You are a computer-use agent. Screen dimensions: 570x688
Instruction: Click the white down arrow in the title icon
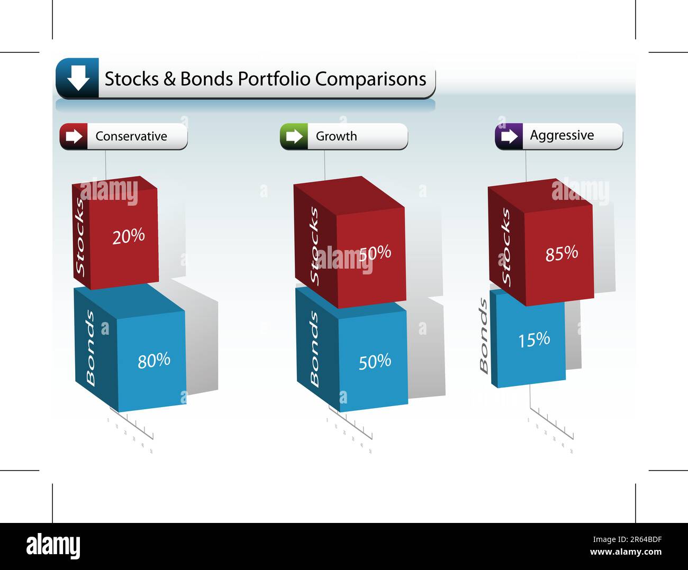[x=78, y=78]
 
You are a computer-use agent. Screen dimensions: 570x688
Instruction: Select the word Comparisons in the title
[x=370, y=79]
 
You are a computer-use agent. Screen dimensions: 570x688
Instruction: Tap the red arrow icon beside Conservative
[x=74, y=136]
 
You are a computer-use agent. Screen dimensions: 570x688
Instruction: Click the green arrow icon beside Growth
[x=294, y=136]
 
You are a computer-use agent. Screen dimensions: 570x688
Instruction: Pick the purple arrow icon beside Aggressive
[x=509, y=136]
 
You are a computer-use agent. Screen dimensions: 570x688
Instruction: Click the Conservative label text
[x=131, y=136]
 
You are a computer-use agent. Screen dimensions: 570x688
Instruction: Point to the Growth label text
[x=336, y=136]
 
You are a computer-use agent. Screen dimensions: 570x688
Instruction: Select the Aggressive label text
[x=562, y=135]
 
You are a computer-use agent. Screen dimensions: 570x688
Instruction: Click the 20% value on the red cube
[x=129, y=236]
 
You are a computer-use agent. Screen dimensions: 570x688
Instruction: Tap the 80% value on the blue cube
[x=154, y=361]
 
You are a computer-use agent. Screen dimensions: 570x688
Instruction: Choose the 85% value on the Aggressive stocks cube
[x=562, y=253]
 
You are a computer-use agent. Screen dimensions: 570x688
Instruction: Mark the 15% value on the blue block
[x=534, y=339]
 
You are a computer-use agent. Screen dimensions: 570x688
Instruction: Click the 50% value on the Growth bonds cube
[x=375, y=362]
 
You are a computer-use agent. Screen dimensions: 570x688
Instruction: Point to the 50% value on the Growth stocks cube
[x=375, y=253]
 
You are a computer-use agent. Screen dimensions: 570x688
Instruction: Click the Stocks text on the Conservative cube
[x=80, y=237]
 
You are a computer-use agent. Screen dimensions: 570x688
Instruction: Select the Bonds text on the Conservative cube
[x=90, y=348]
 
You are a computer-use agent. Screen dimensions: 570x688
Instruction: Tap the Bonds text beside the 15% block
[x=483, y=336]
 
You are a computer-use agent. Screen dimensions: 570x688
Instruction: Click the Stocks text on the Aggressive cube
[x=505, y=246]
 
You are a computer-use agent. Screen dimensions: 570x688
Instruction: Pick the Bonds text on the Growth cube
[x=314, y=348]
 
